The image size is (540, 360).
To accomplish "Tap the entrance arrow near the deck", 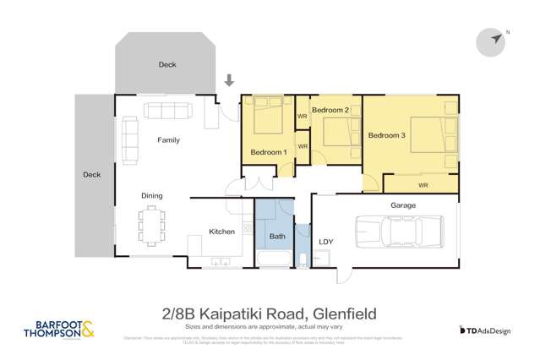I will pos(229,81).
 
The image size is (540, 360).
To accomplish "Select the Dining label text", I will pos(152,196).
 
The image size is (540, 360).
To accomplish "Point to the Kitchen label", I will pos(221,231).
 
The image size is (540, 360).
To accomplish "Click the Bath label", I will pos(277,237).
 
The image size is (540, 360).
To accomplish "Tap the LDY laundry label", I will pos(327,243).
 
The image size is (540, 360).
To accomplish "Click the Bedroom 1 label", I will pos(269,152).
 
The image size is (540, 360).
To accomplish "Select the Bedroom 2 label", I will pos(330,111).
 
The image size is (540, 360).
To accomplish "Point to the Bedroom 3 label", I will pos(386,135).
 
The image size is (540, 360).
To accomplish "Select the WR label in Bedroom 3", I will pos(423,184).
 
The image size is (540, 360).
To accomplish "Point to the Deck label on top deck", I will pos(167,64).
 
